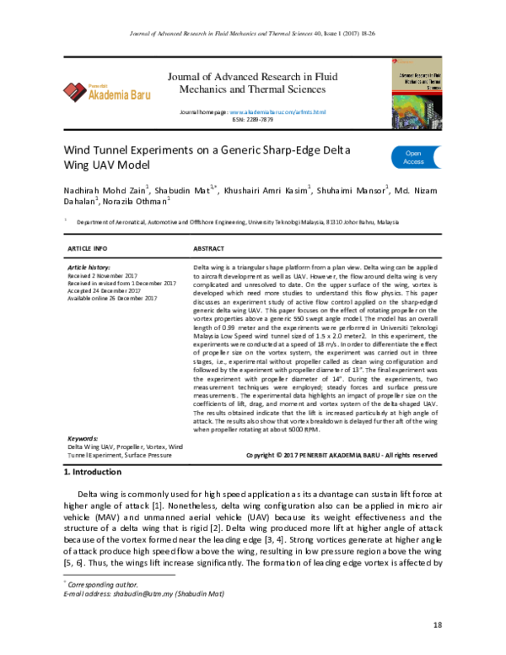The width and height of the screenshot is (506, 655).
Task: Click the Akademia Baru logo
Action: (x=106, y=92)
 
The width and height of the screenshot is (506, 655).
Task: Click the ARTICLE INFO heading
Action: (x=87, y=251)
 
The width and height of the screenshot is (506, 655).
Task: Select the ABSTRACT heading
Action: (x=208, y=251)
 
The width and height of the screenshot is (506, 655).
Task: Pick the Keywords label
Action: (x=83, y=440)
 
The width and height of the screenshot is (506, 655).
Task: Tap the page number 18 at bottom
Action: (x=437, y=625)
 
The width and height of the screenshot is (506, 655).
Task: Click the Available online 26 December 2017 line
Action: (x=112, y=298)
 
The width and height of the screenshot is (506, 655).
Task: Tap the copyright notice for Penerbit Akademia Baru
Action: (x=341, y=455)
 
